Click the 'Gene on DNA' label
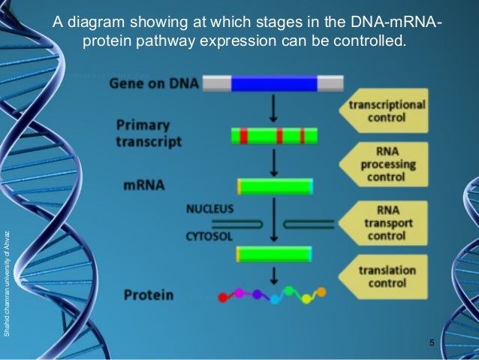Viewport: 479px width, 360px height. click(x=154, y=83)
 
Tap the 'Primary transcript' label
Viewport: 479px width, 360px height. click(x=149, y=132)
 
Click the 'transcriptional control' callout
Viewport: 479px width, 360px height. click(x=386, y=111)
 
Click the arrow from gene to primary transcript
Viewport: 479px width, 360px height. click(x=273, y=109)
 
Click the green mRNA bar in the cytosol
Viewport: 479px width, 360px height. click(x=275, y=254)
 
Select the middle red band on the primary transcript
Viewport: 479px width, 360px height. click(x=279, y=136)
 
